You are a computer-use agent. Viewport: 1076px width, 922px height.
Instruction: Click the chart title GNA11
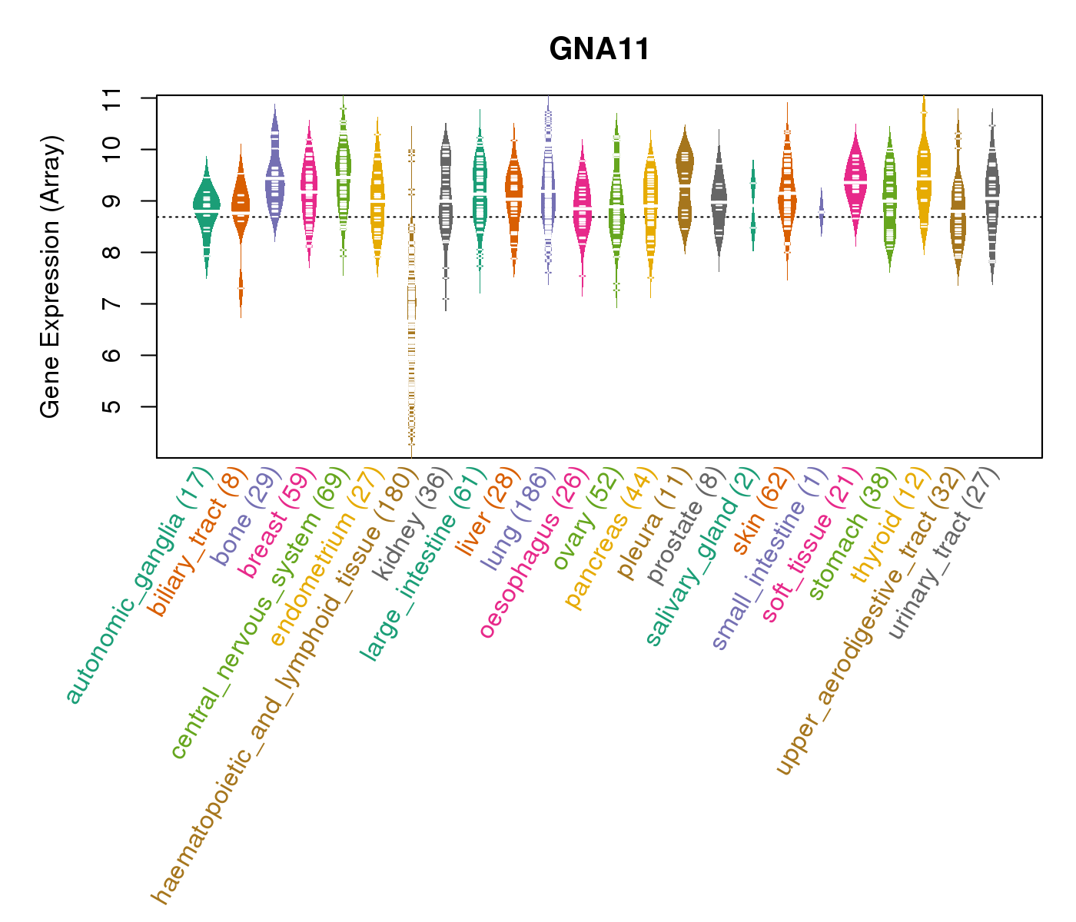pos(599,50)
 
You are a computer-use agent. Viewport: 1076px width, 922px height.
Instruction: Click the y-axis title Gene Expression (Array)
pos(51,277)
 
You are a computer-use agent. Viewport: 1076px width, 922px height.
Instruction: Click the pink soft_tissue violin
pos(855,181)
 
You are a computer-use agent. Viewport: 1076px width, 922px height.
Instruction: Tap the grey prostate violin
pos(719,200)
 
